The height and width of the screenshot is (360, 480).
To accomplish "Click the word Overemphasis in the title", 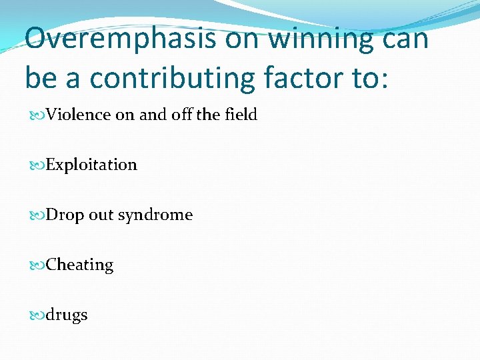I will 120,39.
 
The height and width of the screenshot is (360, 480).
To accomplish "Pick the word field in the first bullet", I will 240,115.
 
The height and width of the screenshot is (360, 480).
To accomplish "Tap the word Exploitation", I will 91,165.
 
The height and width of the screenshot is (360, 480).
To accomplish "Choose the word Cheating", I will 80,265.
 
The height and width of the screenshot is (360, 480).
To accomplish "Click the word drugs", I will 67,315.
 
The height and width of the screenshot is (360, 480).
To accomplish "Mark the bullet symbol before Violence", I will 36,115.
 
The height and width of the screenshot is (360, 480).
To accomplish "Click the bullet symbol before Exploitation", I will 36,165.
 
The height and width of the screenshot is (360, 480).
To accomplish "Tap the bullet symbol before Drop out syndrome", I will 36,215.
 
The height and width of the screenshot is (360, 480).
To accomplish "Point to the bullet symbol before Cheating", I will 36,265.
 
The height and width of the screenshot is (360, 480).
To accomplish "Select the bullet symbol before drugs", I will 36,315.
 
